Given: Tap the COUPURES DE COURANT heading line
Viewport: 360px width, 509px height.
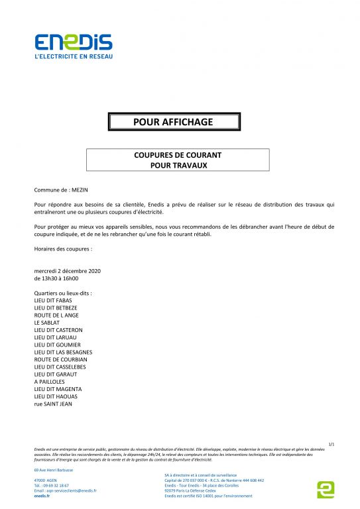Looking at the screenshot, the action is pos(178,155).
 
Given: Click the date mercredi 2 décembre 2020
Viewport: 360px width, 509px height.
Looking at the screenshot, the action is pos(67,271).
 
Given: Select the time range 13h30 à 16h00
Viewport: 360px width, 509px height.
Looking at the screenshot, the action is pos(61,278).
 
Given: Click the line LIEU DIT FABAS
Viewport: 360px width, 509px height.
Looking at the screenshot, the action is pos(53,300).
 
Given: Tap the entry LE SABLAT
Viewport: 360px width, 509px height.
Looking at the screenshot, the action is pos(47,323).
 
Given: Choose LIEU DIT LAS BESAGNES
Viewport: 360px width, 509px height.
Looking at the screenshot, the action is pos(63,352).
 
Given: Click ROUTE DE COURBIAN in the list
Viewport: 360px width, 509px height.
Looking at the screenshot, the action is pos(60,359).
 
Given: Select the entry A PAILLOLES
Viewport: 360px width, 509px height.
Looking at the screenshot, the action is pos(50,382).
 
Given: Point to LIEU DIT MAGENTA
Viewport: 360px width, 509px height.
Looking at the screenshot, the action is pos(58,389).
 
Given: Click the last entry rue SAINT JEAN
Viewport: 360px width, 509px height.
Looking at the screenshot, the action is pos(53,404).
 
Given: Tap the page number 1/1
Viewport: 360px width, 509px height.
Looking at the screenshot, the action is pos(331,443).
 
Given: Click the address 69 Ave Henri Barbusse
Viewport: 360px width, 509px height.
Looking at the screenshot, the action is pos(54,470).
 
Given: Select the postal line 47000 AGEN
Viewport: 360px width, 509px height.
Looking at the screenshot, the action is pos(45,480).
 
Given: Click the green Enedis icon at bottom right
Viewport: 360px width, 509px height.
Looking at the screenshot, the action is pos(326,489).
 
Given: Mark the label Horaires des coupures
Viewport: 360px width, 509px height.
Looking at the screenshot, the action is pos(63,249).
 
